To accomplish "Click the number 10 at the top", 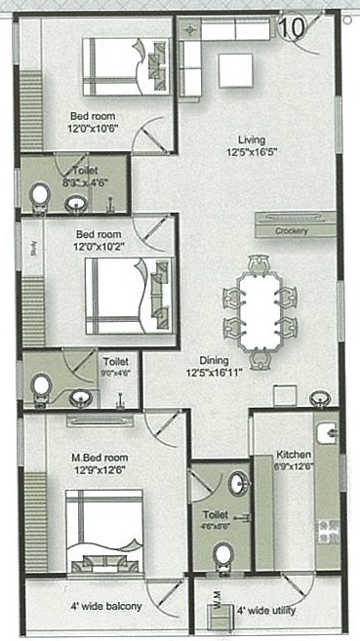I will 290,27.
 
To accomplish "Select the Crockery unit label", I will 290,231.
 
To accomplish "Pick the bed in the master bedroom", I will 104,532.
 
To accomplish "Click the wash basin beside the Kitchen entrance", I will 316,400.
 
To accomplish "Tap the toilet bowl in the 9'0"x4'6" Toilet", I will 40,387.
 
